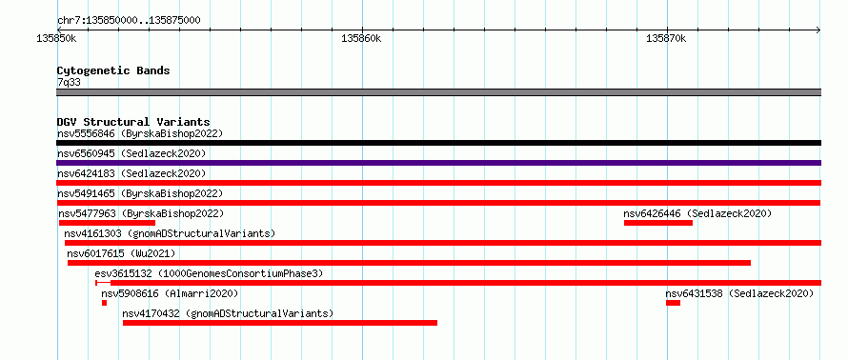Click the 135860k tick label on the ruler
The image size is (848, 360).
coord(362,38)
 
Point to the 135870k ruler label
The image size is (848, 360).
coord(666,38)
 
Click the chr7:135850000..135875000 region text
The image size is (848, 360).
coord(129,21)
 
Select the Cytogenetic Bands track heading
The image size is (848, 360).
coord(113,70)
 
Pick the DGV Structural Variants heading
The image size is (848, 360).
coord(133,122)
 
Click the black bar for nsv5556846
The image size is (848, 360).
coord(438,143)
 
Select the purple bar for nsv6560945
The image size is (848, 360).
coord(438,163)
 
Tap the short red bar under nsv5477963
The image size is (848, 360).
coord(107,223)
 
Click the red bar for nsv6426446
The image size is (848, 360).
coord(658,223)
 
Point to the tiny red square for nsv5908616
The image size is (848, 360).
coord(105,303)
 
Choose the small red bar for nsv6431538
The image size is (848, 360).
coord(673,303)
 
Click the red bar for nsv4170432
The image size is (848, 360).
coord(280,323)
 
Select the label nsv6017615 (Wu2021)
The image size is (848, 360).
coord(121,253)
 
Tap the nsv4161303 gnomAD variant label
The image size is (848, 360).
coord(170,233)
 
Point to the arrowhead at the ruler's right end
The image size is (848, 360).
coord(818,30)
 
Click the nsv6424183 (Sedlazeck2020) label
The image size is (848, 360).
coord(131,173)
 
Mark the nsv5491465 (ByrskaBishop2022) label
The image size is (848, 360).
coord(140,193)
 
